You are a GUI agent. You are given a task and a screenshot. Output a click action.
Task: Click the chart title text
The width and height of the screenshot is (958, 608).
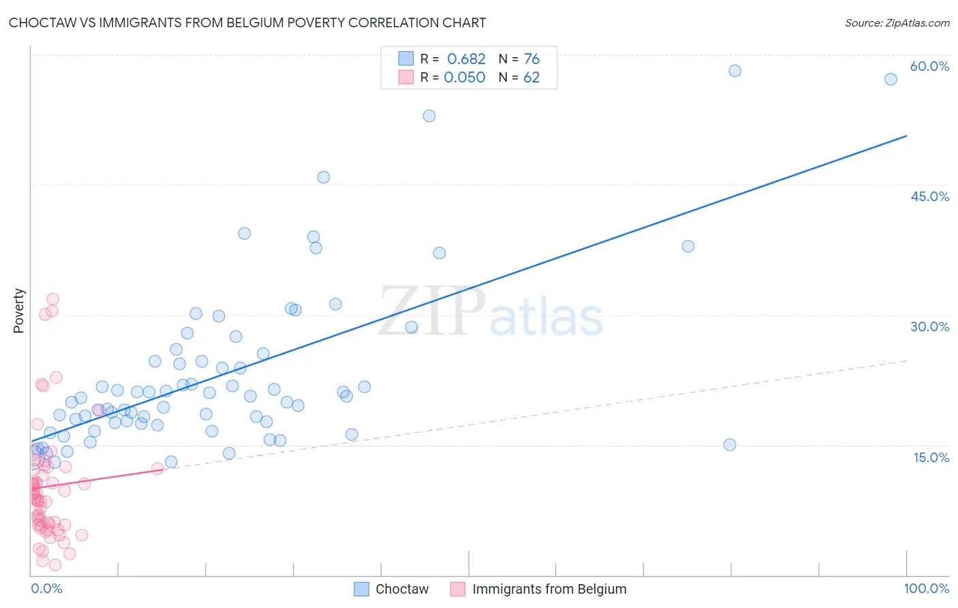[x=247, y=22]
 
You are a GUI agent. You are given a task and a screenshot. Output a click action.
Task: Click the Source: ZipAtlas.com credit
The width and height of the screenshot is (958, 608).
[x=897, y=22]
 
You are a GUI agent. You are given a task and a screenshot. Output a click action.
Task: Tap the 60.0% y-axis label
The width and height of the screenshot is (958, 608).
[x=929, y=66]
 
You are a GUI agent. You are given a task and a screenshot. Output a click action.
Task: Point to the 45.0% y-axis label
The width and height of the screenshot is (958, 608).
[x=929, y=196]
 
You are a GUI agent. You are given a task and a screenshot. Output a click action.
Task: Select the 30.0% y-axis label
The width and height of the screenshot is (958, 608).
[x=929, y=326]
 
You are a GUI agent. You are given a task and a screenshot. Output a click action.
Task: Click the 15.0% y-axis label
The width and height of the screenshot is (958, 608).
[x=931, y=457]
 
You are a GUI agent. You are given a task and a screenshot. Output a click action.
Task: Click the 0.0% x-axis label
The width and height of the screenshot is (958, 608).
[x=46, y=588]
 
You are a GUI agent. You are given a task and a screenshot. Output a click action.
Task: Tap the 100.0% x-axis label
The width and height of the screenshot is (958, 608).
[x=926, y=588]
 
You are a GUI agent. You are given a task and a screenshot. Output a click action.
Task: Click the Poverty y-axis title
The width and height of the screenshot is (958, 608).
[x=18, y=311]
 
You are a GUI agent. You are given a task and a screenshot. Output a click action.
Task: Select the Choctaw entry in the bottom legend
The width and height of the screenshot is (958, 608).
[x=402, y=589]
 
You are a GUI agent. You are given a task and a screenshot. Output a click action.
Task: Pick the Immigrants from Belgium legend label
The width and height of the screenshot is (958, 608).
[x=549, y=589]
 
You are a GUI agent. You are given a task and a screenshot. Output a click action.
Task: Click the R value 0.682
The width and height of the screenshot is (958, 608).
[x=466, y=59]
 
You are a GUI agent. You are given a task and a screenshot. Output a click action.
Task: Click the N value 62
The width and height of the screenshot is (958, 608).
[x=531, y=78]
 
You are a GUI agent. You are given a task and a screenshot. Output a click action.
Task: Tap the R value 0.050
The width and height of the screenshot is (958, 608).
[x=465, y=78]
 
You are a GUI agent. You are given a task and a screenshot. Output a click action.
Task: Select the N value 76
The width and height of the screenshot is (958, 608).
[x=531, y=59]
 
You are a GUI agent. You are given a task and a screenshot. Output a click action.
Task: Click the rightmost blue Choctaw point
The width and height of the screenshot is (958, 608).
[x=891, y=79]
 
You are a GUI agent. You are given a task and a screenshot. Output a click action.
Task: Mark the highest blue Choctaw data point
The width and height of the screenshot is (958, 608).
[x=735, y=71]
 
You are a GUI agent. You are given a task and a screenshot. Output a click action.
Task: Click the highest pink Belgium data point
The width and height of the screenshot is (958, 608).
[x=52, y=299]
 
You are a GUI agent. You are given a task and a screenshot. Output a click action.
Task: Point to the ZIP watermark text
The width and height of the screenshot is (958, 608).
[x=432, y=311]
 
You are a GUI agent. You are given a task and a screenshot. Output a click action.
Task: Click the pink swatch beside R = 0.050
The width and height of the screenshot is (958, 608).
[x=406, y=77]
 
